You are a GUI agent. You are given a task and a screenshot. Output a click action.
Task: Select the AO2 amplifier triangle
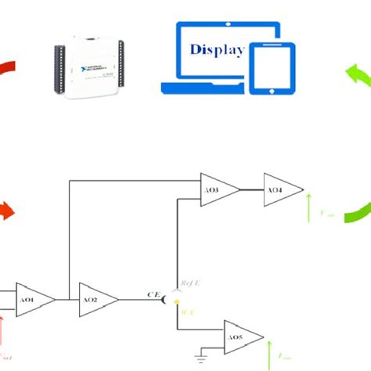(x=96, y=300)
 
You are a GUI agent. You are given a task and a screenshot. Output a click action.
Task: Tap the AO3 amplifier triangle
(x=218, y=190)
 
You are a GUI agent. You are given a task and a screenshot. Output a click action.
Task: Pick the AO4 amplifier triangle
(x=280, y=190)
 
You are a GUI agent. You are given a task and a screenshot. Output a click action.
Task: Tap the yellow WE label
(x=189, y=312)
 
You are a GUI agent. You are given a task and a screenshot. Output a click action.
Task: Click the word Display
(x=217, y=49)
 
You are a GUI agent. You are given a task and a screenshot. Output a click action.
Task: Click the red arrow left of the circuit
(x=5, y=211)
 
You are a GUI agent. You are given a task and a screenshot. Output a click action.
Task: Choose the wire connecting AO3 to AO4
(x=252, y=190)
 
